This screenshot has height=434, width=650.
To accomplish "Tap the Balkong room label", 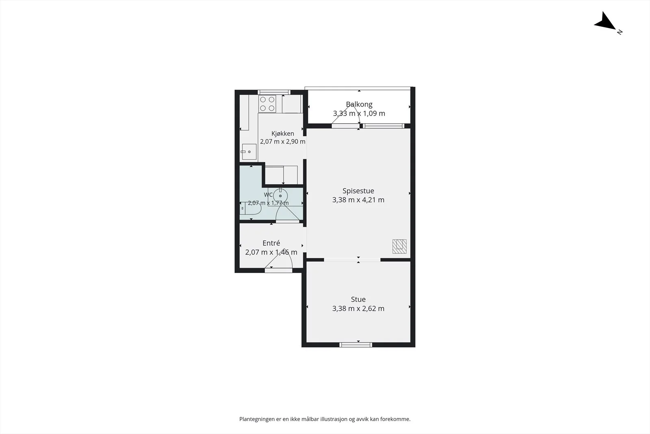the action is tap(359, 104).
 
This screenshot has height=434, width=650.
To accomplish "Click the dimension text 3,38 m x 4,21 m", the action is tap(358, 200).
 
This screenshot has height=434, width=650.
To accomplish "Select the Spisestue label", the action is tap(358, 191).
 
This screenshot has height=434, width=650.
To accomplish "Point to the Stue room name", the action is tap(358, 299).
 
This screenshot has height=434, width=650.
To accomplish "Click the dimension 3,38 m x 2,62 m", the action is tap(358, 308).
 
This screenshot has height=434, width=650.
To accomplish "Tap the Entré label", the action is tap(271, 243).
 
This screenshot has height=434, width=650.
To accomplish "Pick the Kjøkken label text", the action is tap(283, 134).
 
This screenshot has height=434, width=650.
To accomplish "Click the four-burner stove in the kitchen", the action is tap(267, 104).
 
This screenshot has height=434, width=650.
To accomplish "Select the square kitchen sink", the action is tap(249, 152).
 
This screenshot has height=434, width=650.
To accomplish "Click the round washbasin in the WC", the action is tap(280, 196).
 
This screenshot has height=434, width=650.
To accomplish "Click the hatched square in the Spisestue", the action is tap(400, 246).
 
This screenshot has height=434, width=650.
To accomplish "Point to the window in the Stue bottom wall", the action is tap(356, 345).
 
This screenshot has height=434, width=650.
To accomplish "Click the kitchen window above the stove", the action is tap(274, 92).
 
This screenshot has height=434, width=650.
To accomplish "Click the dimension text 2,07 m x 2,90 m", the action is tap(283, 142).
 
